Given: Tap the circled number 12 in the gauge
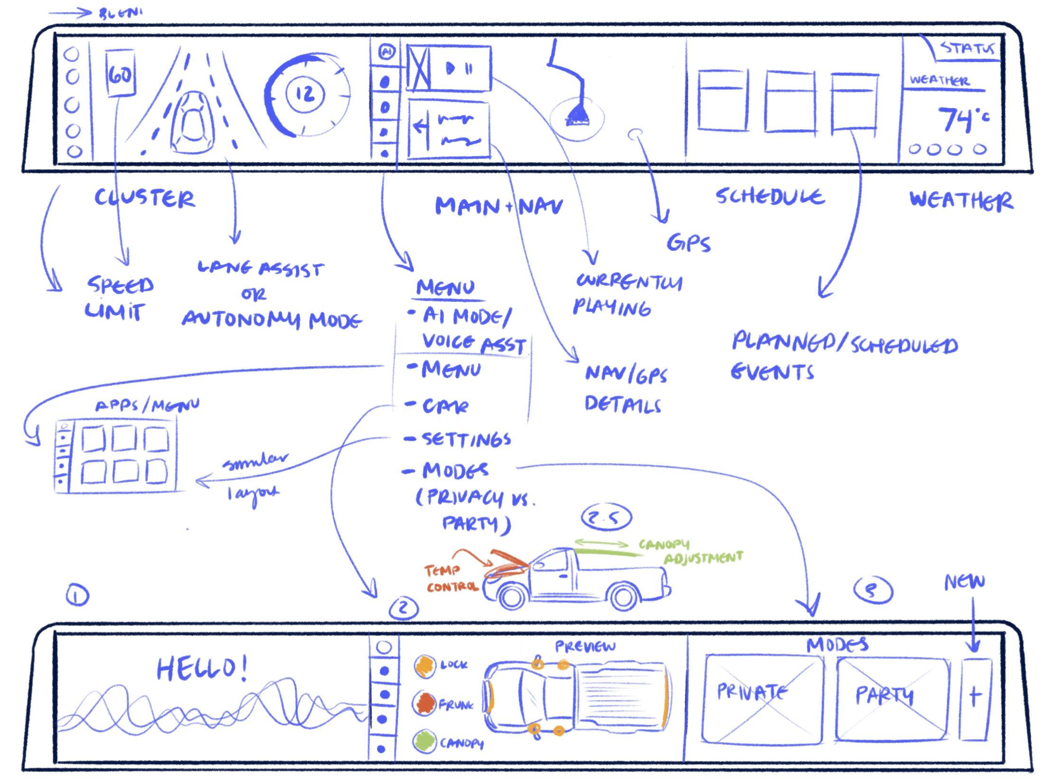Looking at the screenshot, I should click(305, 93).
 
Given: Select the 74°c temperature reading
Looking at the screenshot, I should click(962, 119).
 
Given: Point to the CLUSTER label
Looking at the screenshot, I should click(144, 198).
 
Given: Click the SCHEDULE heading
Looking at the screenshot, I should click(770, 196).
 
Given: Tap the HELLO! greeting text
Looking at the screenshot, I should click(202, 668).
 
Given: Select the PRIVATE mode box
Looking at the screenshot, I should click(762, 698).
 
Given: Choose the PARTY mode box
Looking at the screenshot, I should click(891, 698).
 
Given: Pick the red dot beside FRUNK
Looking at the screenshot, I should click(424, 703).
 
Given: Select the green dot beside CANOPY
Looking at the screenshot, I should click(424, 741).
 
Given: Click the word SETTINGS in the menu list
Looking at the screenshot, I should click(466, 438).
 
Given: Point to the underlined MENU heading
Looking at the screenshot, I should click(446, 287).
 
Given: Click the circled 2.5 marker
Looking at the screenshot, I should click(607, 517).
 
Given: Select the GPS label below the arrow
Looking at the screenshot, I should click(688, 243).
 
